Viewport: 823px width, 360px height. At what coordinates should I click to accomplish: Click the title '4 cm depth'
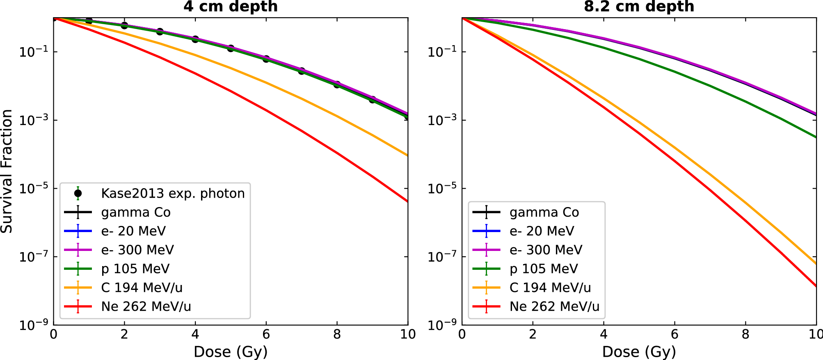click(231, 7)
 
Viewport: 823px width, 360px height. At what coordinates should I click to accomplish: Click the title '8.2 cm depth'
click(639, 7)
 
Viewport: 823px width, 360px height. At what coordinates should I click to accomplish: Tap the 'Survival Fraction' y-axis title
click(7, 171)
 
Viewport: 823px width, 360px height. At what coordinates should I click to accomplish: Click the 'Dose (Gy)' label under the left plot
click(231, 351)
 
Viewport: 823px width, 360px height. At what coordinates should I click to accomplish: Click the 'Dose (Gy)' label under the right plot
click(639, 351)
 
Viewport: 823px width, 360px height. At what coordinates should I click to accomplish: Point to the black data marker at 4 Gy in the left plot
click(195, 39)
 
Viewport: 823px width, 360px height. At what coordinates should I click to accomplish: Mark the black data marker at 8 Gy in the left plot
click(337, 84)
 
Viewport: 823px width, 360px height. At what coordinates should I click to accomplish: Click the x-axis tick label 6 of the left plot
click(266, 334)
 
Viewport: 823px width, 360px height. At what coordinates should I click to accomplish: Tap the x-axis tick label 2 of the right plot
click(533, 334)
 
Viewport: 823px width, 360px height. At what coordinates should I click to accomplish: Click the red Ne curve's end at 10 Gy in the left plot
click(407, 201)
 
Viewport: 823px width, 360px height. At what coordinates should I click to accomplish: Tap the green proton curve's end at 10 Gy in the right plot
click(815, 137)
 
